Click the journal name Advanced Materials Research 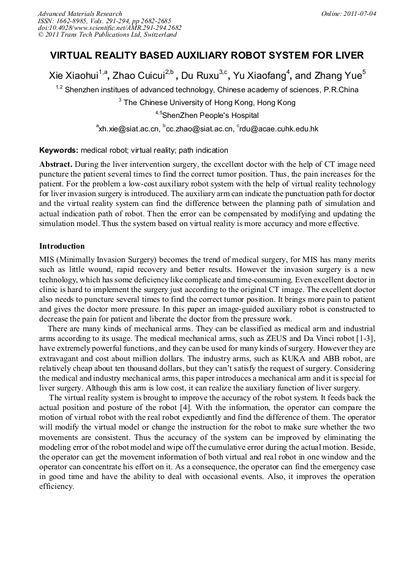[80, 13]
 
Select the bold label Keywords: [59, 150]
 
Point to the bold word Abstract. [56, 165]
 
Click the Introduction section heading [62, 246]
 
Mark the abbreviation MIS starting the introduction [47, 260]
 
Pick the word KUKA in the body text [283, 359]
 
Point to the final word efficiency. [56, 487]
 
